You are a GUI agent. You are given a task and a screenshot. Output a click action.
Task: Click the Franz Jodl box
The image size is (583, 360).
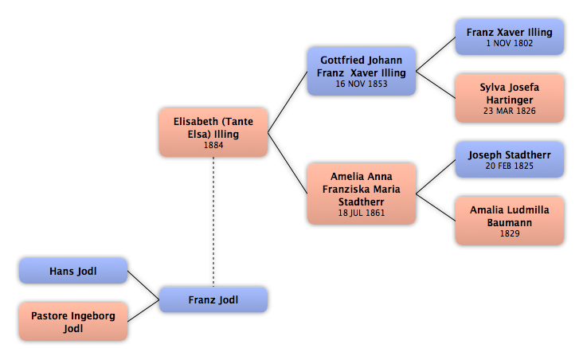tap(213, 299)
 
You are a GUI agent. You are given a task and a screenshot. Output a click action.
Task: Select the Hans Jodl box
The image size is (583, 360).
tap(73, 271)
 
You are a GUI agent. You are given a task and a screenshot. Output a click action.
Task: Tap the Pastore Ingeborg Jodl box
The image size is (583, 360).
tap(73, 322)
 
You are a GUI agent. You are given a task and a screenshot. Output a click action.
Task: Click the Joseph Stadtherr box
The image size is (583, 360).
tap(510, 159)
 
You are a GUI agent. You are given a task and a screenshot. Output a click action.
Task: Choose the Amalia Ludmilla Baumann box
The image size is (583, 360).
tap(510, 221)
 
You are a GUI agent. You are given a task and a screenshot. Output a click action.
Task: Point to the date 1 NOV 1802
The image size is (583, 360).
tap(510, 43)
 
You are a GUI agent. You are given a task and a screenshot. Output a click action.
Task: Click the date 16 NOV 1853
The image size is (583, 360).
tap(362, 84)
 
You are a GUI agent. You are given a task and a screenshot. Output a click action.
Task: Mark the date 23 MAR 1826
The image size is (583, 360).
tap(510, 111)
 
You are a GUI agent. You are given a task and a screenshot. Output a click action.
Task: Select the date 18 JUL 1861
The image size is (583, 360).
tap(362, 213)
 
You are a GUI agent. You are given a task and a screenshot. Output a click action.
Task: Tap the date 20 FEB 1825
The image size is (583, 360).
tap(510, 166)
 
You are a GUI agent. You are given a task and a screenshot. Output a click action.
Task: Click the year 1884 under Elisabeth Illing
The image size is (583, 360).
tap(213, 145)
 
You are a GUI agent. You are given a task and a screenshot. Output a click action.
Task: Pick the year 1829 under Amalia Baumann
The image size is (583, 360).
tap(510, 233)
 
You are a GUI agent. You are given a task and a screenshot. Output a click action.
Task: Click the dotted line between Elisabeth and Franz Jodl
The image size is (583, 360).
tap(213, 222)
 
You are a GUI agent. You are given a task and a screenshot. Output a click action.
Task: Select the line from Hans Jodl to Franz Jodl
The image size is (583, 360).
tap(143, 285)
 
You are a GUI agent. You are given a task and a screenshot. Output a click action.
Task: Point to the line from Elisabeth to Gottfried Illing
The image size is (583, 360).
tap(288, 102)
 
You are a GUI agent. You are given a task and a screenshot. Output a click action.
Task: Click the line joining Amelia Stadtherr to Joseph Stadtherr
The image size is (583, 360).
tap(436, 177)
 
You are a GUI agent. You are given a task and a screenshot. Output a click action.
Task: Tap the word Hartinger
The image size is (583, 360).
tap(510, 100)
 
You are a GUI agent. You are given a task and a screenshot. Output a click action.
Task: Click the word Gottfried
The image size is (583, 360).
tap(342, 61)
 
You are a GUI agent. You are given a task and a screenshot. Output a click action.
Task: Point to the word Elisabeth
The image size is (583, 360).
tap(196, 122)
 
